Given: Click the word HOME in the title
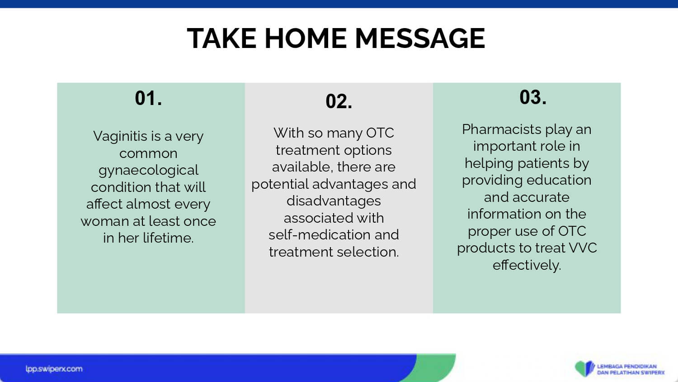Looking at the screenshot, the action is [306, 38].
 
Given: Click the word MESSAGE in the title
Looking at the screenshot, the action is [420, 38].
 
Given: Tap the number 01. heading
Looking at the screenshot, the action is [148, 98].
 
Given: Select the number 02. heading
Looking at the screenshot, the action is [339, 101].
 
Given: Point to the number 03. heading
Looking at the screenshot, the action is [533, 97].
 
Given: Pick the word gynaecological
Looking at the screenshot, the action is [148, 170].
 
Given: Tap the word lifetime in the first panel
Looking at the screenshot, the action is [168, 238].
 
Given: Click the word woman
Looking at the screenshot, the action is [105, 221].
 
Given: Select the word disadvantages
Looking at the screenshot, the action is [334, 201].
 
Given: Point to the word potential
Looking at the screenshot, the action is [280, 184].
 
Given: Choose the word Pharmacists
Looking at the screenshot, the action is [502, 129].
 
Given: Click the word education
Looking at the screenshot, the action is [559, 180].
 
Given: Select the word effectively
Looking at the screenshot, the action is [527, 265].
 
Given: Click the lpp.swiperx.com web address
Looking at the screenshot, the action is [54, 369].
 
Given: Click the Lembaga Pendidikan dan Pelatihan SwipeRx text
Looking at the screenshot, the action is [631, 369].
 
